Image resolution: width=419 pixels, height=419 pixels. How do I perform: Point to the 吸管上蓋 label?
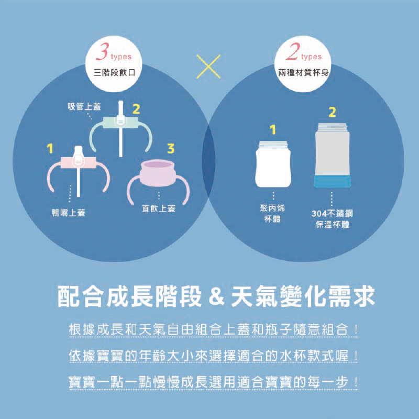(x=84, y=107)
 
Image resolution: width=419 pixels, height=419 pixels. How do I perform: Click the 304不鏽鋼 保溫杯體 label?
(x=332, y=219)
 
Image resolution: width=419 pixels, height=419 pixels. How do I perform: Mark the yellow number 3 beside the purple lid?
(x=170, y=149)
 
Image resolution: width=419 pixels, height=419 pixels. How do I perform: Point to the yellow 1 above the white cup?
(x=272, y=129)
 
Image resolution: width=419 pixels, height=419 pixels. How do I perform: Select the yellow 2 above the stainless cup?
(x=332, y=112)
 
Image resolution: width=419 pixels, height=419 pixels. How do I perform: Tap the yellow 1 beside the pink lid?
(x=50, y=149)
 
